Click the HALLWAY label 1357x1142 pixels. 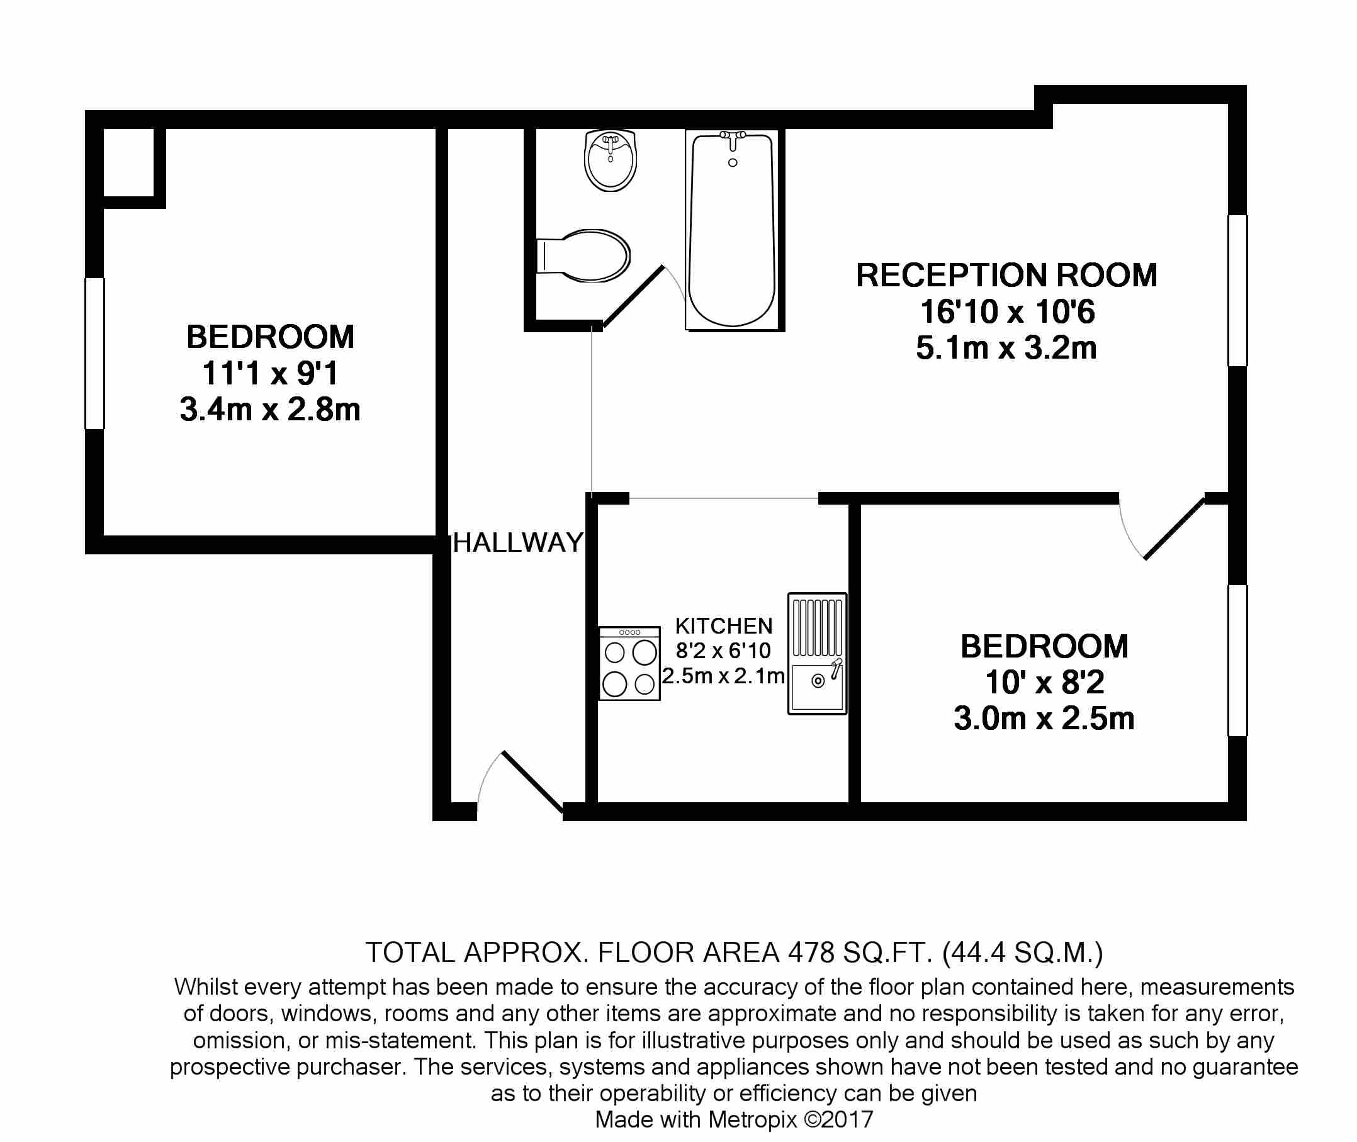518,542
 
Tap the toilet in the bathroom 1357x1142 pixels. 583,255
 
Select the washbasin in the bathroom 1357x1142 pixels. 610,160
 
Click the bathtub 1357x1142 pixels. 732,230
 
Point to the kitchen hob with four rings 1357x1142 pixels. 629,663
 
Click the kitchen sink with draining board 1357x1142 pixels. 817,653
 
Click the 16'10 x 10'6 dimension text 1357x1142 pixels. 1008,311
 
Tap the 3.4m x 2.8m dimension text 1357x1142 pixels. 270,409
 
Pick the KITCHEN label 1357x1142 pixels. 724,626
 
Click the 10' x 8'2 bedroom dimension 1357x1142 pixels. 1044,682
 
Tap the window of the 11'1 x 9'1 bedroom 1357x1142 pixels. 94,354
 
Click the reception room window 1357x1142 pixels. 1237,291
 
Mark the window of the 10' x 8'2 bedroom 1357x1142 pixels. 1237,660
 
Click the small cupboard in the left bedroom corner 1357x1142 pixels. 129,162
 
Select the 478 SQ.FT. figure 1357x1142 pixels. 860,953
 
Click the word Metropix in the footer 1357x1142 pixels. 752,1119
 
